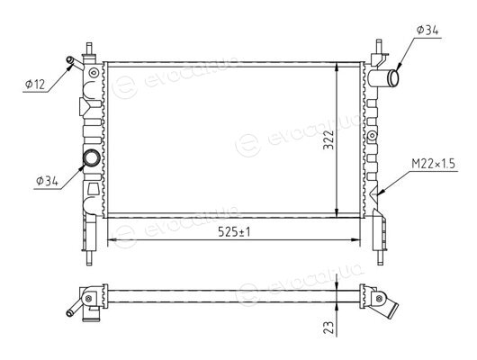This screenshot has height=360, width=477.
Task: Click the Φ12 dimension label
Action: pos(35,84)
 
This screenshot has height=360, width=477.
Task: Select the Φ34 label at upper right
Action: pos(427,31)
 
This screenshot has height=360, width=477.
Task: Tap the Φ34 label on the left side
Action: pos(47,181)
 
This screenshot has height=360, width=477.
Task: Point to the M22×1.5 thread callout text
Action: pos(433,164)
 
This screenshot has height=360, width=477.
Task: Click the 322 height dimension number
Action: pos(328,140)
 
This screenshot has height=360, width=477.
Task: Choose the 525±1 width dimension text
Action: pos(234,232)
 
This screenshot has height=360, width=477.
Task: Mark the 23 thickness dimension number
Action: pos(328,327)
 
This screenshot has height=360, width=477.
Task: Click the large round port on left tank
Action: pos(92,157)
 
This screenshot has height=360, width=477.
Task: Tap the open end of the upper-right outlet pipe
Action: pos(394,78)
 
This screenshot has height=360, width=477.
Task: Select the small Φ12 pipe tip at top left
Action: pos(69,60)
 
